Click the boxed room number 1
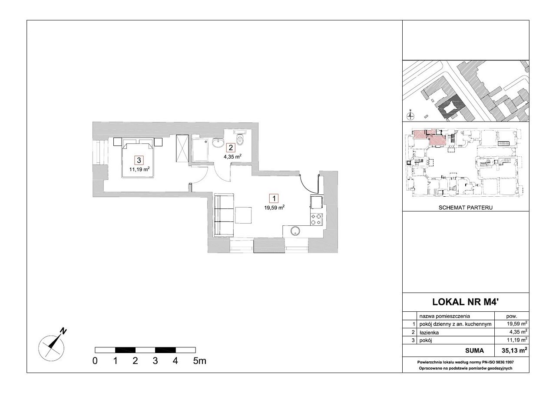tap(274, 198)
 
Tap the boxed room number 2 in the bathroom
tap(231, 148)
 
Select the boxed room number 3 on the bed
tap(139, 160)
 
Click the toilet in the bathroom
tap(240, 139)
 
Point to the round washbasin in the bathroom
tap(218, 143)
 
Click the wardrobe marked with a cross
tap(182, 149)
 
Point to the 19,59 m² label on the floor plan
tap(274, 208)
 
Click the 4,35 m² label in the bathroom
tap(232, 157)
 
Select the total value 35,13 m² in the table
tap(514, 350)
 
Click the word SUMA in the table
tap(474, 350)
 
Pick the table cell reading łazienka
tap(429, 333)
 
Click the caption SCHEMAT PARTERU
tap(465, 208)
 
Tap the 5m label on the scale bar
tap(199, 361)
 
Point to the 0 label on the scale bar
tap(95, 361)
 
